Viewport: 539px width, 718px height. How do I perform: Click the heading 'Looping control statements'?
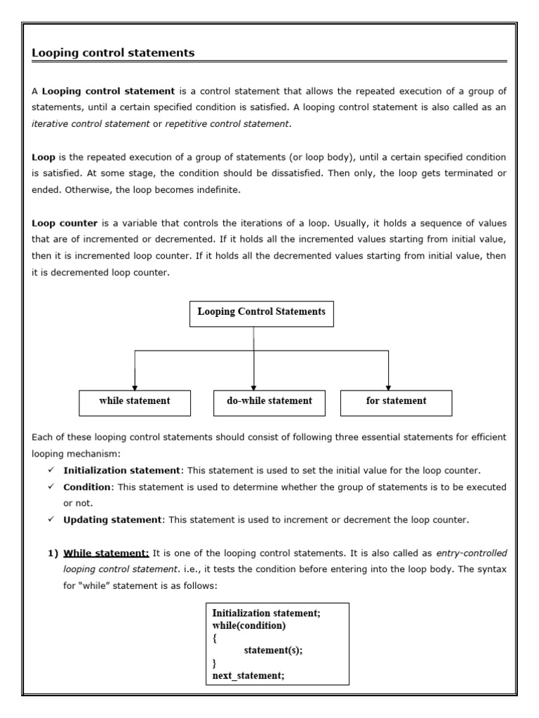(x=113, y=53)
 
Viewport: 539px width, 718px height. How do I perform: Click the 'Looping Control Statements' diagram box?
(x=261, y=313)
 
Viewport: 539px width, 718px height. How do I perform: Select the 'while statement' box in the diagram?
(x=135, y=402)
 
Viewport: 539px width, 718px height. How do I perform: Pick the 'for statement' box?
(x=396, y=402)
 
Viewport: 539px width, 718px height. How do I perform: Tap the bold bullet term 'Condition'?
(x=87, y=487)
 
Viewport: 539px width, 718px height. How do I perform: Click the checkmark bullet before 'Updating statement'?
(x=51, y=520)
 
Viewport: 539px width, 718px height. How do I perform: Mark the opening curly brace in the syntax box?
(x=215, y=637)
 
